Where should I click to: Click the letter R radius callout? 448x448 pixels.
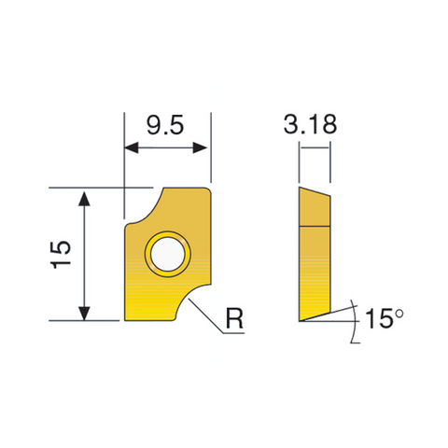pos(235,319)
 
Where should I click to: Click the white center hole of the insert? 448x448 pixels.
pos(168,254)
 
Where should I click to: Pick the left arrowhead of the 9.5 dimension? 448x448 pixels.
pos(130,148)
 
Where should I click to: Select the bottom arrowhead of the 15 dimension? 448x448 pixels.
pos(85,315)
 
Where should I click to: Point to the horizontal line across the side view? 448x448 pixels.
pos(314,225)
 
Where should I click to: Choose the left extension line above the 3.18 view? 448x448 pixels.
pos(299,163)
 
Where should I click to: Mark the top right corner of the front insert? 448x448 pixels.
pos(211,189)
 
